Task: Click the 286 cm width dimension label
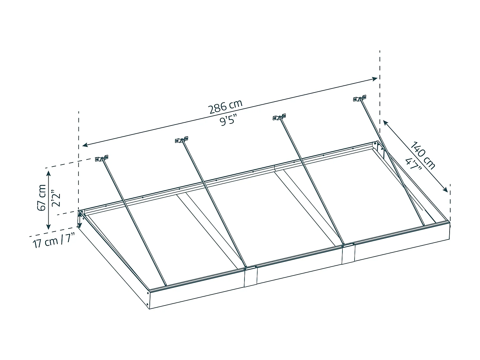point(226,107)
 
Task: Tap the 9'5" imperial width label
point(228,120)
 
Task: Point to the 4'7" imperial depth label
point(413,166)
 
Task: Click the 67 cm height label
point(42,197)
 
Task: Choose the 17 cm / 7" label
point(54,241)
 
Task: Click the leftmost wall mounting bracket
point(102,158)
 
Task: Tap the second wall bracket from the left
point(181,140)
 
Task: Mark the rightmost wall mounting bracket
point(360,98)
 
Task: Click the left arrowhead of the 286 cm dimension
point(84,145)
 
